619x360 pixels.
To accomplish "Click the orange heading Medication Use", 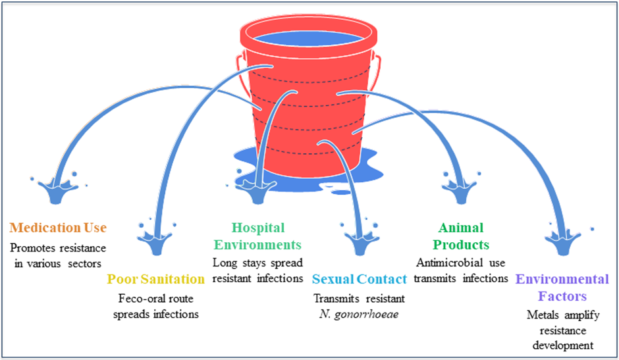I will tap(58, 228).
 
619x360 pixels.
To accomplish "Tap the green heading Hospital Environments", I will tap(257, 236).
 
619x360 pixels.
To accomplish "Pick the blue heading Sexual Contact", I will tap(360, 279).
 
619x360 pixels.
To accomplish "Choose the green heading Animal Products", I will tap(462, 236).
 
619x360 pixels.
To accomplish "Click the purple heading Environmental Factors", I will tap(561, 287).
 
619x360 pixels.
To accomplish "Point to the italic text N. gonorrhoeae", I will tap(360, 313).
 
